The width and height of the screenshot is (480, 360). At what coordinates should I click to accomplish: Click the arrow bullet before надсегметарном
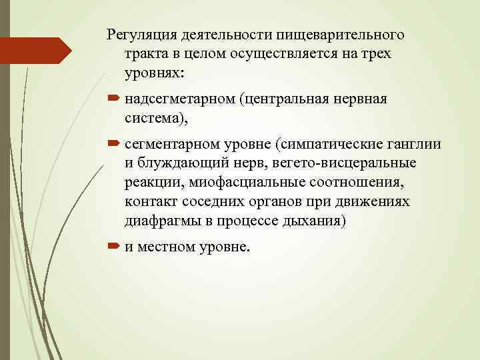pyautogui.click(x=112, y=99)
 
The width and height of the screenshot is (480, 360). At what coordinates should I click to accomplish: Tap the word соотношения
pyautogui.click(x=365, y=183)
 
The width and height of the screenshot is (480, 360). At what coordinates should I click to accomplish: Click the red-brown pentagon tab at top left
pyautogui.click(x=37, y=51)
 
